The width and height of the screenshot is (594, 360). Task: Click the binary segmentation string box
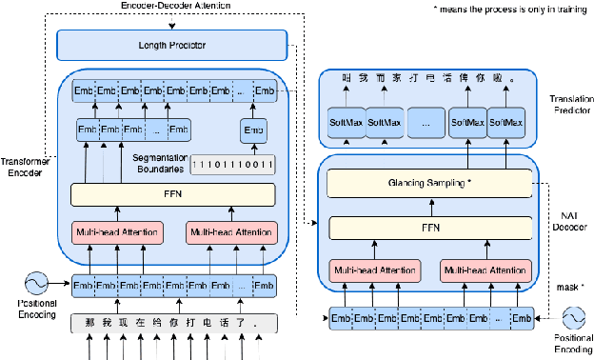[233, 164]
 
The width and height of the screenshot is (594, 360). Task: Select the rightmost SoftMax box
[506, 123]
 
